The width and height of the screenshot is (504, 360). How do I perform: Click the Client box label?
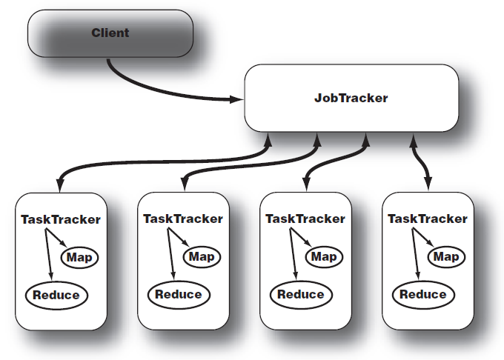(110, 33)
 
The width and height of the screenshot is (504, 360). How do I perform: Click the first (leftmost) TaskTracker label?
(61, 219)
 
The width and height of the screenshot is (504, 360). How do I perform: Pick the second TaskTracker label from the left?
(182, 219)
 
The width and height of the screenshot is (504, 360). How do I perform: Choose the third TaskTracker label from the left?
(305, 219)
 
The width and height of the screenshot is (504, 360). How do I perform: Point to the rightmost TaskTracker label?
(428, 219)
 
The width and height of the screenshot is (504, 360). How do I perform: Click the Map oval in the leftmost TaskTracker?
(79, 257)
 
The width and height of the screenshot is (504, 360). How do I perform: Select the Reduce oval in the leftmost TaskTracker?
(56, 295)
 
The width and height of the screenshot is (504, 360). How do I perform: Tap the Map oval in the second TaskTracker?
(201, 256)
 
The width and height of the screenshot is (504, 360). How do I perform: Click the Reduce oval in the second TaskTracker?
(179, 294)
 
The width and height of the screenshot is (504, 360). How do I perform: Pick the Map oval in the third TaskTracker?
(323, 256)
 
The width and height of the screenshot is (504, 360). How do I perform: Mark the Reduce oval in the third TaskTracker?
(301, 294)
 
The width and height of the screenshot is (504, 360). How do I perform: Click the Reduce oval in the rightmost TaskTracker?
(423, 294)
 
